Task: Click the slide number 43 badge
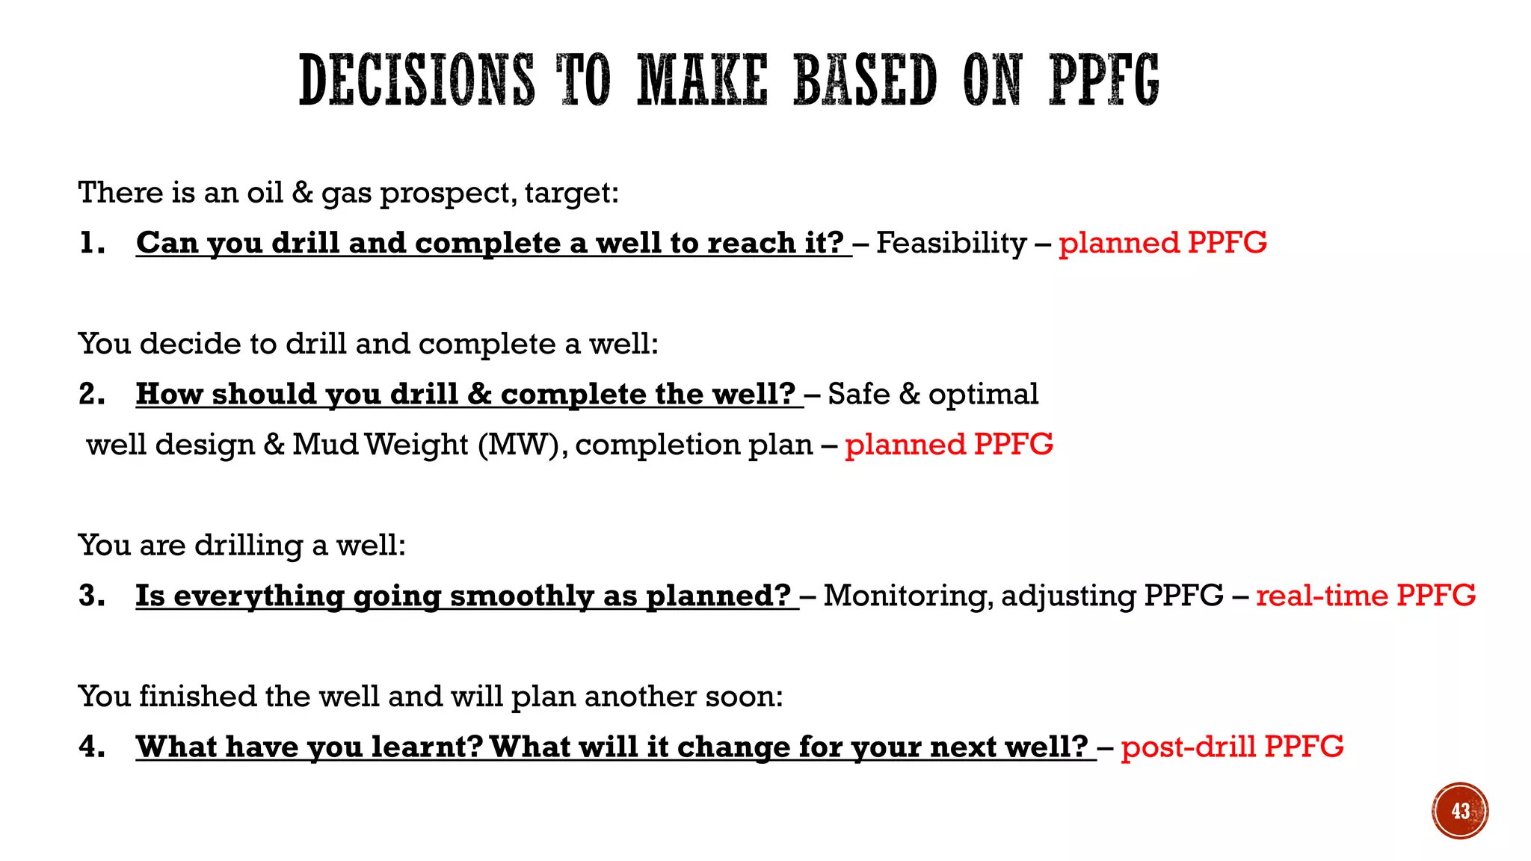(1460, 811)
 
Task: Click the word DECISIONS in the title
(416, 80)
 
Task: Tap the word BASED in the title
(864, 80)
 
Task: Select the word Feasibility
(951, 243)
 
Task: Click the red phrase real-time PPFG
(1366, 596)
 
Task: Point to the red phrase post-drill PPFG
(1232, 747)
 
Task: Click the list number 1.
(91, 243)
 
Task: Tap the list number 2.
(91, 394)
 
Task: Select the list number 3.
(91, 596)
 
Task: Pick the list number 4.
(91, 747)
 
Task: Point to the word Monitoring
(908, 596)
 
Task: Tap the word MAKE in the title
(702, 80)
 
